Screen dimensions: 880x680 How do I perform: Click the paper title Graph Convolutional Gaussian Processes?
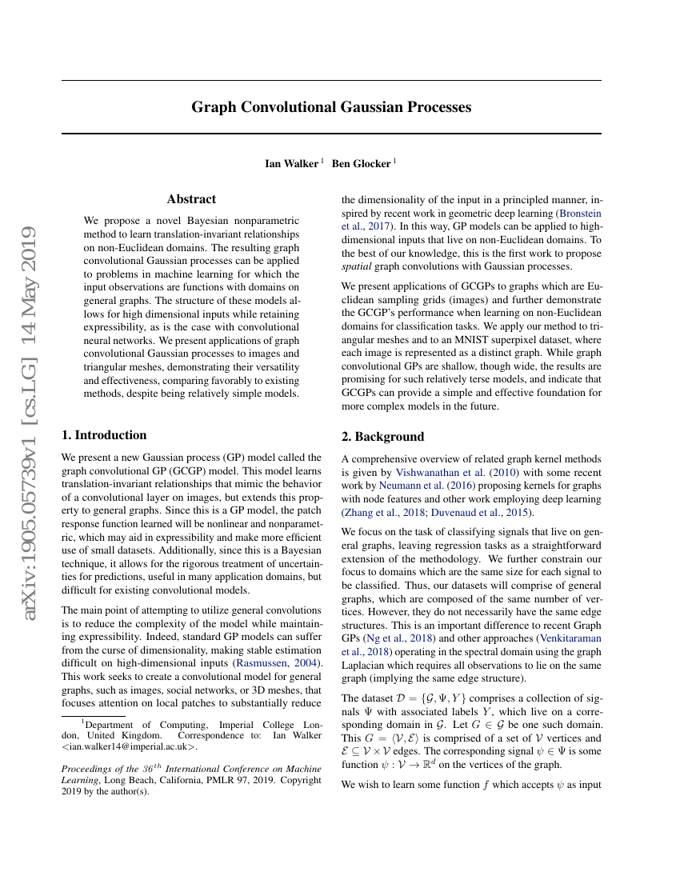click(x=331, y=107)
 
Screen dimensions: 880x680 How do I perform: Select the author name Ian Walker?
click(x=291, y=164)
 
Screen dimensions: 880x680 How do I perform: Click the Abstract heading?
click(x=191, y=199)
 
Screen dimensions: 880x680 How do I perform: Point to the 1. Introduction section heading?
click(x=104, y=435)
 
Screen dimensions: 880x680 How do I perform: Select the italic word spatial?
click(x=356, y=266)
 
